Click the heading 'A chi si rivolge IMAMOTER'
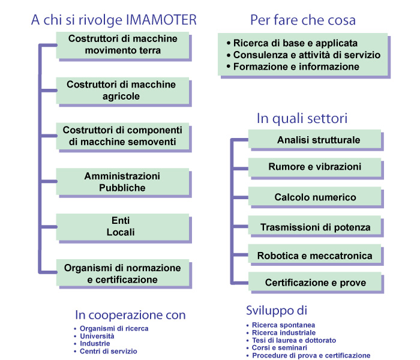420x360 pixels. click(x=114, y=20)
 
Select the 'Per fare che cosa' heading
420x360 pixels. click(x=303, y=20)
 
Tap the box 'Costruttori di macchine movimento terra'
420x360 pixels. click(x=122, y=45)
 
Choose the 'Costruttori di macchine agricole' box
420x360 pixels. click(x=122, y=91)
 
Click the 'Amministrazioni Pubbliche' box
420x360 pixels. click(x=122, y=182)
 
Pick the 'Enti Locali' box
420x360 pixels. click(x=122, y=227)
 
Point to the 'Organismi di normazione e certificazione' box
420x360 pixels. click(x=122, y=272)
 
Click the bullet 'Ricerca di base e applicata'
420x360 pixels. click(x=292, y=43)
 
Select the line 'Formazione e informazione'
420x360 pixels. click(x=293, y=67)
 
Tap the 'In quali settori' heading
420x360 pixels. click(x=302, y=118)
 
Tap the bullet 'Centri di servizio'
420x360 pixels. click(x=106, y=351)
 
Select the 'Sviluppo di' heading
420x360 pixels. click(x=277, y=310)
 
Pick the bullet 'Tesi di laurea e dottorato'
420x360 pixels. click(x=291, y=340)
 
